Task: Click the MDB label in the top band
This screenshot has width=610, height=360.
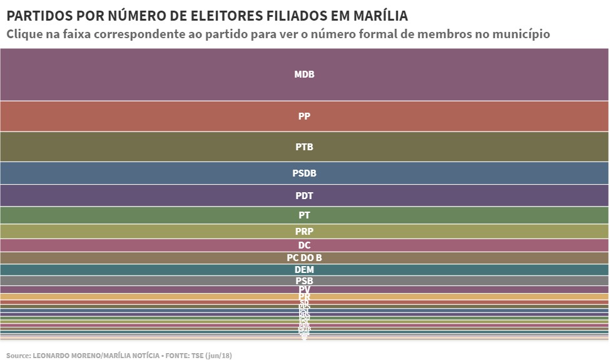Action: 304,75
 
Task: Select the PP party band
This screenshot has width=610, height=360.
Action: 304,116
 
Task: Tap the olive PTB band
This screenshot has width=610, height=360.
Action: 304,147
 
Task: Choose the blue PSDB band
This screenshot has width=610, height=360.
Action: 304,173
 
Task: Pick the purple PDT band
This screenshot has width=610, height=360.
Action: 304,196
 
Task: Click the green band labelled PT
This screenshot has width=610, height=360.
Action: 304,215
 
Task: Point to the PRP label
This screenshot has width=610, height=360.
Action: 304,232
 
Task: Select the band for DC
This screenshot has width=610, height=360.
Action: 304,245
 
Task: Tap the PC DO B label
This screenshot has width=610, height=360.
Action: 304,258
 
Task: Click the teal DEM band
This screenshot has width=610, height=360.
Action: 304,270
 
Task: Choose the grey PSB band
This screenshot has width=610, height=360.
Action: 304,281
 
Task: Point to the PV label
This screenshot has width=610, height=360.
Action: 304,289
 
